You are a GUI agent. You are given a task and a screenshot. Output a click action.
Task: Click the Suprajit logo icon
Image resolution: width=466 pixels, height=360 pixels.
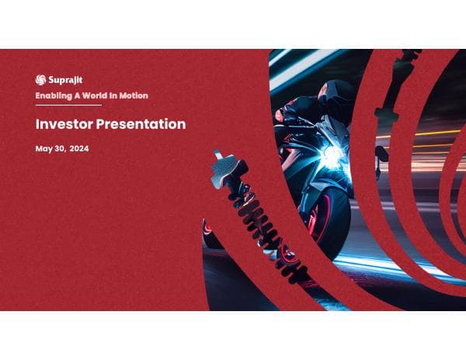point(40,79)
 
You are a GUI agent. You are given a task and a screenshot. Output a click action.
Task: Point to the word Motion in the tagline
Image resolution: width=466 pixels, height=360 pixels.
point(131,95)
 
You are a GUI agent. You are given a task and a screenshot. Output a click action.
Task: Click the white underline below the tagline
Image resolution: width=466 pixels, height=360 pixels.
point(68,104)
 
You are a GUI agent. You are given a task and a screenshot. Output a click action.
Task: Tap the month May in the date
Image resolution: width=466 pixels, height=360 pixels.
point(43,148)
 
